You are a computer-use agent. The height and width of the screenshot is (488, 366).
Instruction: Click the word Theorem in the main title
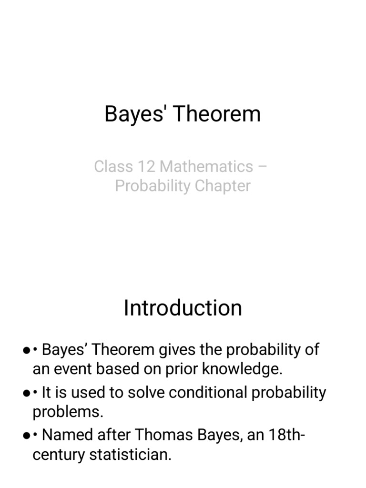pyautogui.click(x=220, y=114)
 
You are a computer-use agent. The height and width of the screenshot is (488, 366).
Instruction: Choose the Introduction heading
pyautogui.click(x=183, y=308)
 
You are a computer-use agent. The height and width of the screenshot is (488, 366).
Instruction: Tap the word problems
pyautogui.click(x=68, y=412)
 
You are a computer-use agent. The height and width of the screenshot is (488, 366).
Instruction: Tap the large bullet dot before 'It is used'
pyautogui.click(x=27, y=393)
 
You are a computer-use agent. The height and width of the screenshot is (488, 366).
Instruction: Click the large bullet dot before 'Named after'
pyautogui.click(x=27, y=436)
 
